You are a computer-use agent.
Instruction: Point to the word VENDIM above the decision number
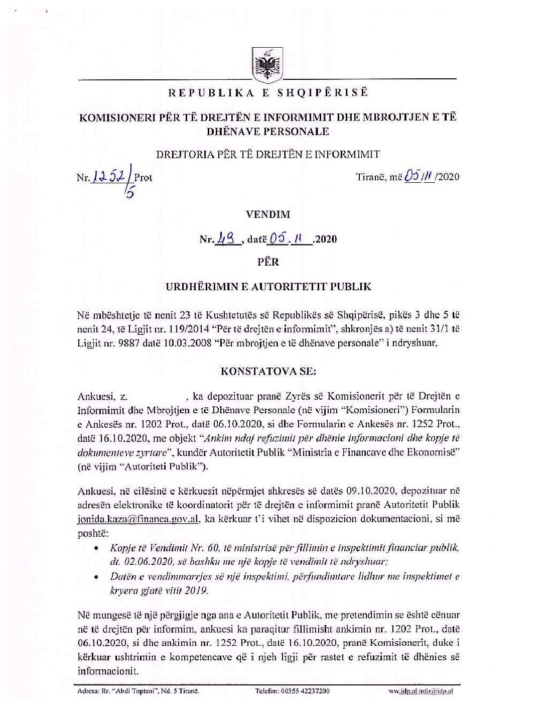[268, 214]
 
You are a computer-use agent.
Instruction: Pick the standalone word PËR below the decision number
[268, 262]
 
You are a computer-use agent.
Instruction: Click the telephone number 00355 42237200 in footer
[293, 691]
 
